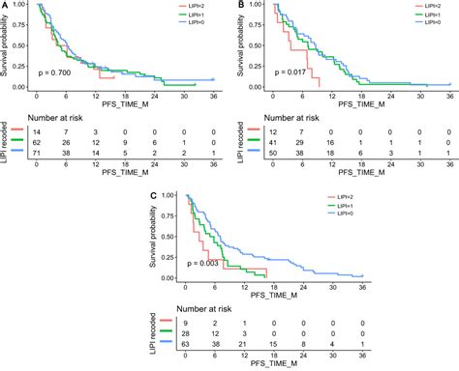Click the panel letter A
(5, 6)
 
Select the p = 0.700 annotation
(57, 72)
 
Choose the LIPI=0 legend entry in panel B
(433, 22)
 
